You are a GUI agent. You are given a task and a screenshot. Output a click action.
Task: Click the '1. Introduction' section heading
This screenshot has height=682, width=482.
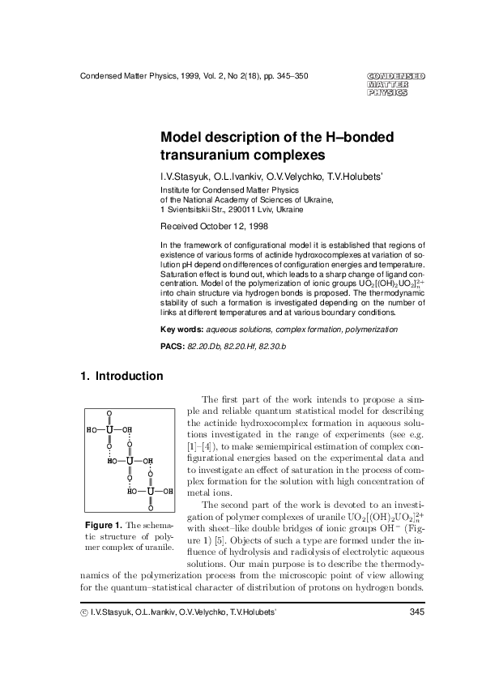click(122, 376)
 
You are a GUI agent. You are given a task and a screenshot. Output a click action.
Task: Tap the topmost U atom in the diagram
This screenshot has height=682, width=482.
click(109, 429)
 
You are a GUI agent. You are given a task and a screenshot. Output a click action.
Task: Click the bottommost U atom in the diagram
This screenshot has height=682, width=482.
click(150, 491)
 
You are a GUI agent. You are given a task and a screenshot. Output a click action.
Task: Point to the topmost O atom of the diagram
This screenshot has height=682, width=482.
click(109, 414)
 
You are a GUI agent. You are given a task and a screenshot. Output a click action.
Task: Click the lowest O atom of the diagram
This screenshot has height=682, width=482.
click(150, 508)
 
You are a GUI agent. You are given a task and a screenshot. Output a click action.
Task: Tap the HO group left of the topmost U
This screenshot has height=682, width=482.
click(91, 429)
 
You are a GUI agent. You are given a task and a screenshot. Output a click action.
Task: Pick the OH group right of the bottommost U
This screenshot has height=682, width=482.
click(168, 491)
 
